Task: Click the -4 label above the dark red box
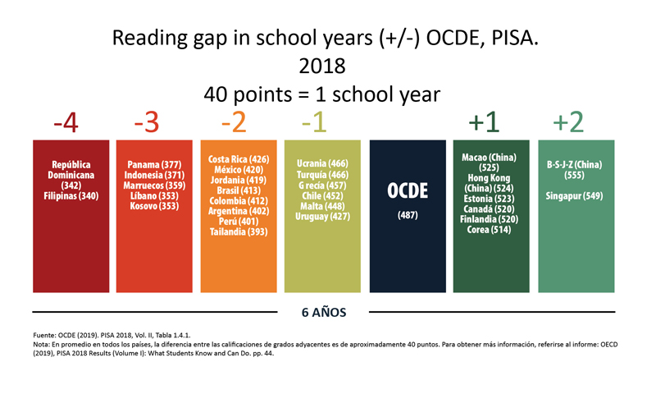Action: (66, 123)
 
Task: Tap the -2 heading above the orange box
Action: (234, 123)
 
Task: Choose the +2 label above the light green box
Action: (568, 123)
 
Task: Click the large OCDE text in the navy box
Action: (408, 190)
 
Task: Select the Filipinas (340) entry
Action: (71, 195)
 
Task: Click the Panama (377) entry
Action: (155, 165)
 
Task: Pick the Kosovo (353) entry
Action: (155, 205)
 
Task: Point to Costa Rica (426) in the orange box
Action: (239, 159)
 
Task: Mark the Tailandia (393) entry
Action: (239, 232)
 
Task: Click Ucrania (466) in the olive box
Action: (322, 164)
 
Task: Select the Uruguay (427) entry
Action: (322, 217)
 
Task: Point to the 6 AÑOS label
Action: (324, 312)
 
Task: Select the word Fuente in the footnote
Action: (46, 336)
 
